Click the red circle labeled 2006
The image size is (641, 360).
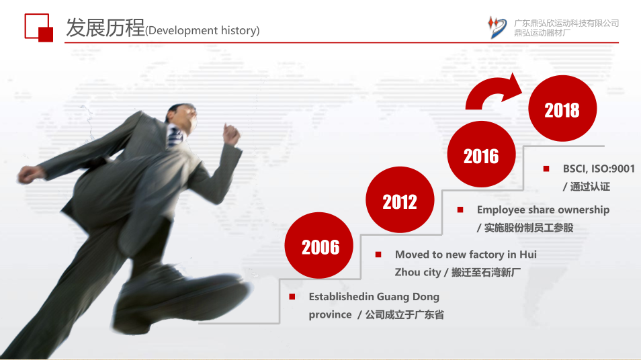(x=319, y=245)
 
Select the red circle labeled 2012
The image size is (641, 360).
(x=400, y=200)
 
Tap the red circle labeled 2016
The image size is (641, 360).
(x=482, y=154)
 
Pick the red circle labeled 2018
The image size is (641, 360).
(x=562, y=108)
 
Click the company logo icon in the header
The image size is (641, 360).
(x=497, y=28)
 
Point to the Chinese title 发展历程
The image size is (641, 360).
(x=105, y=28)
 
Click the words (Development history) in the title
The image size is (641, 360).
(x=202, y=31)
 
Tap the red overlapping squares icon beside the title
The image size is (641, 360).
(x=39, y=28)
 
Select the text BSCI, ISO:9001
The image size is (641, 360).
(x=599, y=169)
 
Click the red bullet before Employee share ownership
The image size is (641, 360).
(x=460, y=210)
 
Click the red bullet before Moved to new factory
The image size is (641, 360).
(x=378, y=255)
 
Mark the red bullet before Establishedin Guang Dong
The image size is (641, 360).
(x=292, y=297)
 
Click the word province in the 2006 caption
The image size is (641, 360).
(x=330, y=315)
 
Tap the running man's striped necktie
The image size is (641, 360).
(x=175, y=137)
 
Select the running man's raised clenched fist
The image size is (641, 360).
(x=230, y=134)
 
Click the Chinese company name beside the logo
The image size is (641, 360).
(x=566, y=28)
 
